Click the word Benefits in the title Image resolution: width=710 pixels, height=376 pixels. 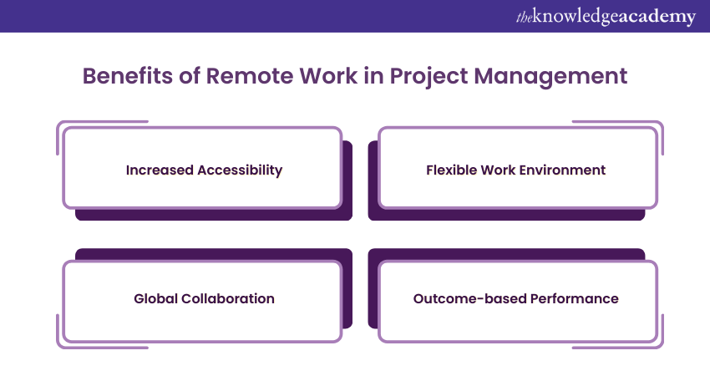point(127,76)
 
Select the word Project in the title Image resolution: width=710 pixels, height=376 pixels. point(429,77)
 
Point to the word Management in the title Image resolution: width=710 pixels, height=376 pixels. point(550,77)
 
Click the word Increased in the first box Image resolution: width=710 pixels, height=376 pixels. point(160,170)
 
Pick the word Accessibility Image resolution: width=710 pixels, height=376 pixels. point(240,170)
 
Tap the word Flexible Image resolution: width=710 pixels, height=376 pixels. point(451,170)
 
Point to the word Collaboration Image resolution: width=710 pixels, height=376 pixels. point(228,298)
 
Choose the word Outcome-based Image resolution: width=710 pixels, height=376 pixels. point(469,298)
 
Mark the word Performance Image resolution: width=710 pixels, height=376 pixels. point(574,298)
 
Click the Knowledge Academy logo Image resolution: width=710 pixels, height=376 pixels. point(606,17)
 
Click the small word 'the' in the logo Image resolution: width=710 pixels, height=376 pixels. point(524,18)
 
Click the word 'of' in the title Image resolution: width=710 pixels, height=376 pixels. point(190,76)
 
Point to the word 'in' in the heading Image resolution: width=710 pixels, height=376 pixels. point(373,76)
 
